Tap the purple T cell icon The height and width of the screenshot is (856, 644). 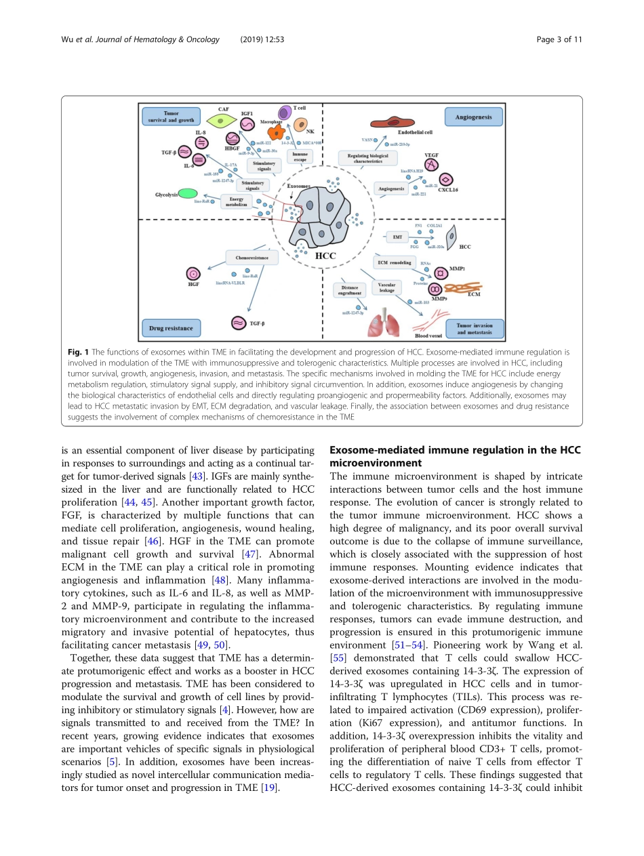[285, 113]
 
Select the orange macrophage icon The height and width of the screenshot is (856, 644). [276, 133]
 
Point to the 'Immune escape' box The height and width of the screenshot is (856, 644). [300, 157]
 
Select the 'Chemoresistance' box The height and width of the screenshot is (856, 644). [251, 258]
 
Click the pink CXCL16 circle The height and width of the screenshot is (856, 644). [446, 179]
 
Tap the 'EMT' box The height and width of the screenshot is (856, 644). [397, 237]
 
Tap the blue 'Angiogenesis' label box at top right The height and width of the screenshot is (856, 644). [474, 117]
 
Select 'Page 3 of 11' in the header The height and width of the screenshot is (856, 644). [559, 39]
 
